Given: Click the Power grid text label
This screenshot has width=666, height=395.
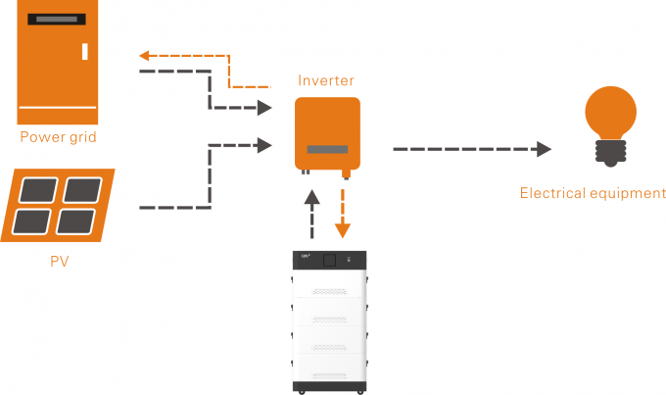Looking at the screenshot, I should [59, 136].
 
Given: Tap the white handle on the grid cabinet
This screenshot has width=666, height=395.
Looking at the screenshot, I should [85, 51].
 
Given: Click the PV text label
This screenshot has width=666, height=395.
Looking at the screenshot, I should [58, 262].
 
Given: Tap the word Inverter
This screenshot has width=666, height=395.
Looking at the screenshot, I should [327, 79].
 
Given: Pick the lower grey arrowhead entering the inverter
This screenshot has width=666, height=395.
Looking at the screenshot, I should [263, 146].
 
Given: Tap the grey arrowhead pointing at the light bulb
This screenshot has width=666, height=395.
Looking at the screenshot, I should [544, 149].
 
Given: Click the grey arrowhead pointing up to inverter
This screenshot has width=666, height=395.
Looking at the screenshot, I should [311, 196].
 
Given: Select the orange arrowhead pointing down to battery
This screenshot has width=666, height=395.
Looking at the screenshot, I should [343, 231].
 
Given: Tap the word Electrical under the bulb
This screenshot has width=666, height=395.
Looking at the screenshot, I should [551, 193].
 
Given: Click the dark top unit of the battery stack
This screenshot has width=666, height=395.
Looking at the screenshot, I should [329, 262].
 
